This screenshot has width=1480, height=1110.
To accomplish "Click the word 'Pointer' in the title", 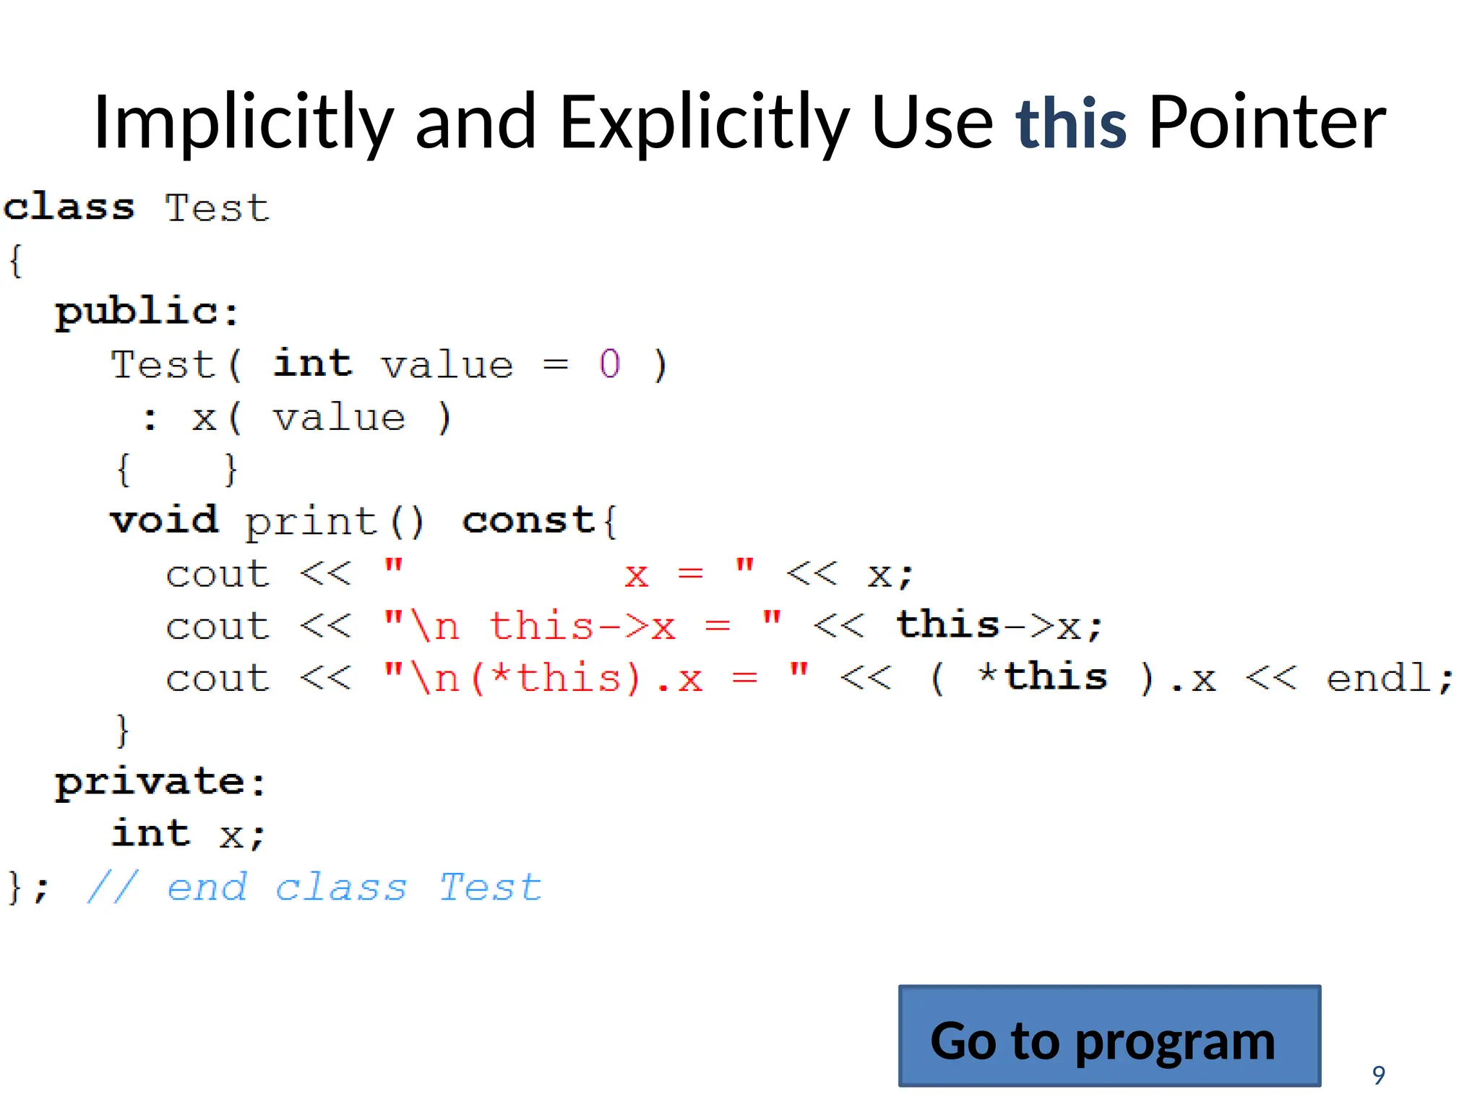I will pos(1267,123).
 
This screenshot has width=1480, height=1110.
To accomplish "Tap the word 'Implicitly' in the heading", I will pos(244,123).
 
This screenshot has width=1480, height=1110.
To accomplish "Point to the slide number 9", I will pos(1378,1075).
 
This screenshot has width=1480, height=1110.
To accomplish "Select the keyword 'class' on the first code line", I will pos(69,207).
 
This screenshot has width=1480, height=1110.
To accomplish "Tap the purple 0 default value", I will pos(609,363).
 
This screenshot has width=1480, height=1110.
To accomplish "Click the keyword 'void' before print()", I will pos(164,520).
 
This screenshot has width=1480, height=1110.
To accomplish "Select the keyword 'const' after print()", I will pos(528,520).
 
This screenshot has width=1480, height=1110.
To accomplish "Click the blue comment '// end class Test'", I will pos(314,887).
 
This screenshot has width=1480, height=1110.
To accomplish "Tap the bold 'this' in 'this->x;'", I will pos(947,625).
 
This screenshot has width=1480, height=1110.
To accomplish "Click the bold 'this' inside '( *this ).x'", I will pos(1055,678).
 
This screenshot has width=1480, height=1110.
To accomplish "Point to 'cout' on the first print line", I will pos(218,575).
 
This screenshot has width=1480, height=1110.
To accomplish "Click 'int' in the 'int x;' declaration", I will pos(151,834).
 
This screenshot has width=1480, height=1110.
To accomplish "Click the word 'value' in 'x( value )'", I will pos(339,418).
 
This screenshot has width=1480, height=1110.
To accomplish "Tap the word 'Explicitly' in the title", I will pos(704,123).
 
